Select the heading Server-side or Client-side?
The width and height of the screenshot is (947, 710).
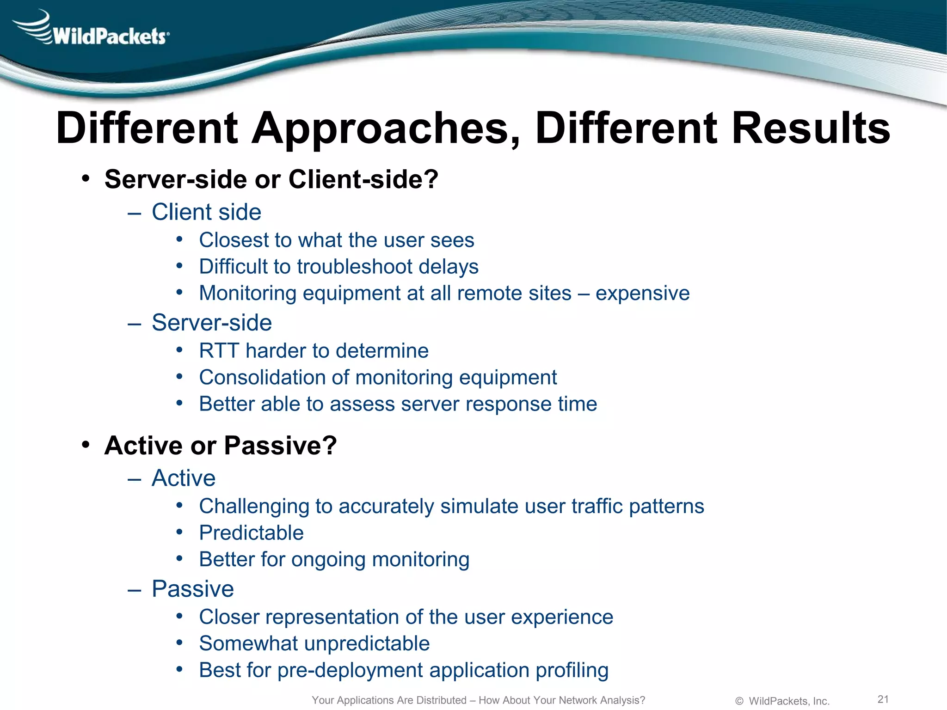point(271,179)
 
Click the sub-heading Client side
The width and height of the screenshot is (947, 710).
point(206,212)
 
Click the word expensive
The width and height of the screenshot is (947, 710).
point(642,294)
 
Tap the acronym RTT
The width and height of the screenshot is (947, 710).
point(218,351)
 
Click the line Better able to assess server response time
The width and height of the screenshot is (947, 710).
point(398,404)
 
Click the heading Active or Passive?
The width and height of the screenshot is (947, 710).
point(221,446)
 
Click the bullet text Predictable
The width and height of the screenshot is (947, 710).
point(251,533)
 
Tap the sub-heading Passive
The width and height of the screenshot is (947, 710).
point(193,589)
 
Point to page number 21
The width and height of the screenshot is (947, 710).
point(883,699)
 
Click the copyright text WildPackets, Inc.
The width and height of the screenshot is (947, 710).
point(789,701)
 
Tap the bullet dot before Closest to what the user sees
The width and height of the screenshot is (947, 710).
point(179,239)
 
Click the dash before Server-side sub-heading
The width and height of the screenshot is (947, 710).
point(134,324)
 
